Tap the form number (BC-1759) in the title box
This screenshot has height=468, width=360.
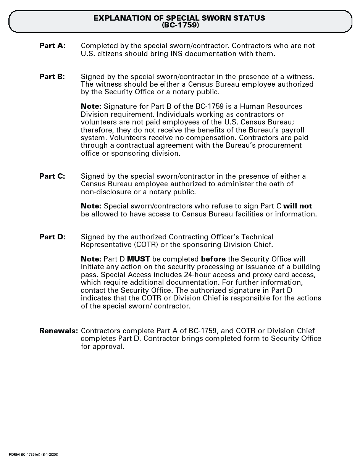(x=180, y=25)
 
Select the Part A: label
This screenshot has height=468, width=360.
(x=52, y=46)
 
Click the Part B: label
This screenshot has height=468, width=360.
(x=52, y=76)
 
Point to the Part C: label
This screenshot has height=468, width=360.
(x=52, y=176)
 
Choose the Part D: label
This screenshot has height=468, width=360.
(x=52, y=237)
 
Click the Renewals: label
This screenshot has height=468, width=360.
(x=58, y=331)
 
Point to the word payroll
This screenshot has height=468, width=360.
(x=291, y=130)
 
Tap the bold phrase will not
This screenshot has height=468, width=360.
(x=297, y=206)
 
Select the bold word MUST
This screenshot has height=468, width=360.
(x=138, y=259)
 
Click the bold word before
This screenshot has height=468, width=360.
(x=213, y=259)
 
